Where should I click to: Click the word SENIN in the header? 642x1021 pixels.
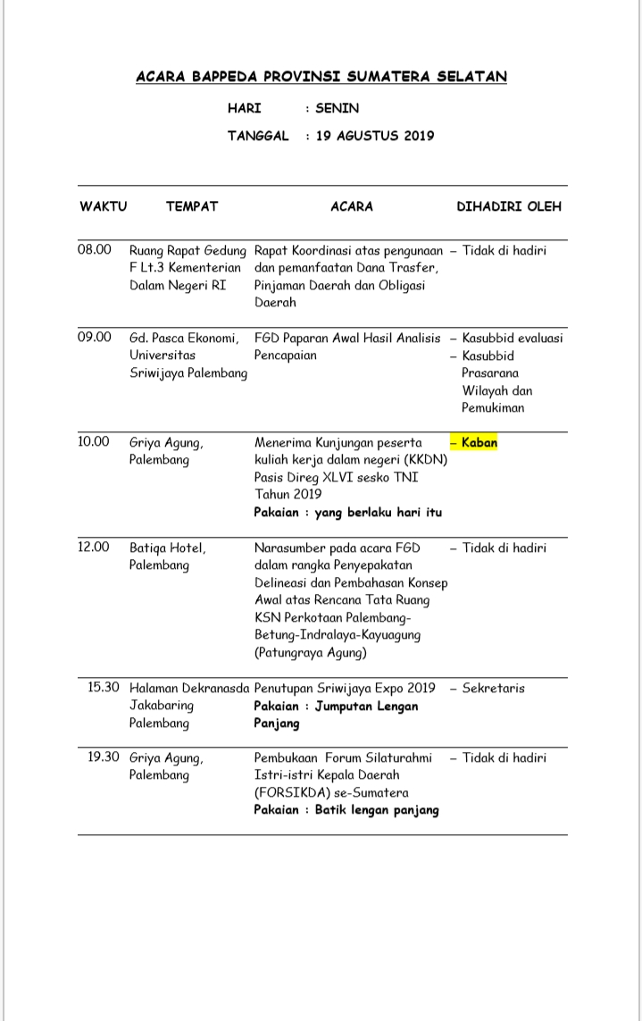click(337, 108)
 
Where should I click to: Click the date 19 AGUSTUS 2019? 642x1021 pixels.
click(375, 136)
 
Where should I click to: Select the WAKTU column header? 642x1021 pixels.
click(104, 206)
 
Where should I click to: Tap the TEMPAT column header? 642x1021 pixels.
click(192, 206)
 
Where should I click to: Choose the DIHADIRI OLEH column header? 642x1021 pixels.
click(509, 206)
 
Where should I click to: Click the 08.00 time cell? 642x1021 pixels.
click(95, 249)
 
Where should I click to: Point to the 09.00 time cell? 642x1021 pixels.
click(95, 337)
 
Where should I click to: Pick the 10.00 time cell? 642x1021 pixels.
click(95, 441)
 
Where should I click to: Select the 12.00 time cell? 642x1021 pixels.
click(95, 547)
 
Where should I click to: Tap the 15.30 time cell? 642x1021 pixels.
click(104, 687)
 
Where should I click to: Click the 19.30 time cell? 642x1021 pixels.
click(104, 757)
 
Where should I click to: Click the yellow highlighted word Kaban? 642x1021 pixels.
click(479, 442)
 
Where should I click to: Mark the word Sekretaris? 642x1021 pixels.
click(494, 688)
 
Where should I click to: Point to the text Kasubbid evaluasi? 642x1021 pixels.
click(513, 338)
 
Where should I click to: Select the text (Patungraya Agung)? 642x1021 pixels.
click(308, 652)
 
